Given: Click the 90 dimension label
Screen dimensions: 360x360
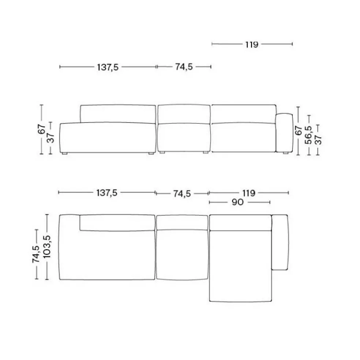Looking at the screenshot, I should click(x=237, y=202).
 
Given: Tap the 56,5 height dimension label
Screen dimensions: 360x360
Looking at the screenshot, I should click(x=308, y=135).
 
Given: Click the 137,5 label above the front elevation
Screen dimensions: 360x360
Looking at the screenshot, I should click(x=108, y=67).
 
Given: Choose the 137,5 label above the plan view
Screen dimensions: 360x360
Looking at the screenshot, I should click(x=107, y=192).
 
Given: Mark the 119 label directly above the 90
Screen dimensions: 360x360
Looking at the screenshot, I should click(x=249, y=192).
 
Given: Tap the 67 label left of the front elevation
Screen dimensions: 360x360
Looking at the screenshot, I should click(x=42, y=129).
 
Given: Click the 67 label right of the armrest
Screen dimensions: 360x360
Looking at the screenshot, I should click(x=299, y=131).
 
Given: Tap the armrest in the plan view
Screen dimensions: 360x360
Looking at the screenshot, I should click(x=280, y=243).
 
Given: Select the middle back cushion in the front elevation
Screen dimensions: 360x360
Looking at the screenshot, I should click(x=184, y=114).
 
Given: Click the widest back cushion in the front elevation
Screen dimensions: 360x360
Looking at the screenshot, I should click(x=118, y=113).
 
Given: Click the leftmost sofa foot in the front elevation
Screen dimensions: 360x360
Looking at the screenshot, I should click(x=65, y=154).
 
